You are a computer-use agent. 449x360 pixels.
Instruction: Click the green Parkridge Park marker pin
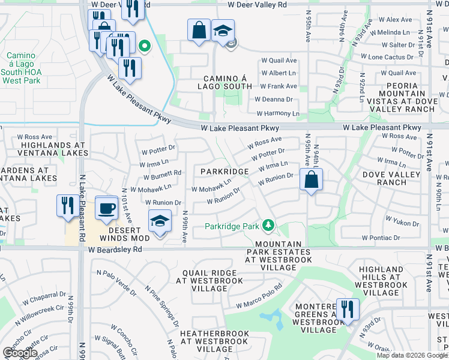click(269, 226)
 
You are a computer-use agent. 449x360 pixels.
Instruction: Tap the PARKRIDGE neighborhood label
click(224, 172)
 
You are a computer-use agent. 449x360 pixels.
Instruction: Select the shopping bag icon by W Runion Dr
click(311, 180)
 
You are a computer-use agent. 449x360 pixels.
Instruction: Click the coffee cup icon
click(107, 208)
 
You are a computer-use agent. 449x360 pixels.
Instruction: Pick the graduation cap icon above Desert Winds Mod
click(159, 221)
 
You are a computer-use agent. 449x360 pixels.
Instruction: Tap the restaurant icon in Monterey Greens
click(347, 310)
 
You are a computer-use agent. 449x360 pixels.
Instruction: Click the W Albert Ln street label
click(278, 73)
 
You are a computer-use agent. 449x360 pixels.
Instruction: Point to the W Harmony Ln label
click(277, 113)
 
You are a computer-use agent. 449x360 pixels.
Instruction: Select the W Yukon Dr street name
click(402, 223)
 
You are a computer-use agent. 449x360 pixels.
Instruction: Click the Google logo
click(20, 353)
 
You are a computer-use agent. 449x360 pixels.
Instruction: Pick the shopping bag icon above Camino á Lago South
click(199, 30)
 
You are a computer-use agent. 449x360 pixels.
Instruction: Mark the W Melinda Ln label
click(394, 32)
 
